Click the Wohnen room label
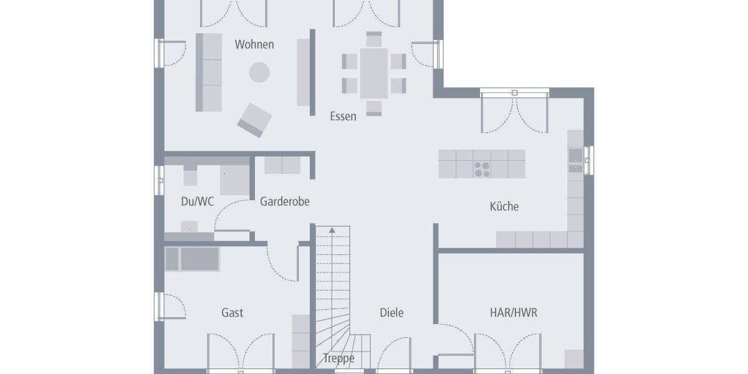pos(254,44)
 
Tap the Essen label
pos(343,116)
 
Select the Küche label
pos(504,206)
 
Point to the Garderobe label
pos(284,201)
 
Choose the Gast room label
pos(232,312)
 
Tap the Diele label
pos(391,312)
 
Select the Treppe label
pos(338,358)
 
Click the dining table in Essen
pos(374,74)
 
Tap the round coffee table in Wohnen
pos(259,72)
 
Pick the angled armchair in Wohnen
pos(254,120)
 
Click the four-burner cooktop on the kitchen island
pos(482,170)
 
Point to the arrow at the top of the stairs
pos(332,231)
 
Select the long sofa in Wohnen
pos(209,72)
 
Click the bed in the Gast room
pos(193,259)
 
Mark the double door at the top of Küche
pos(514,112)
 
